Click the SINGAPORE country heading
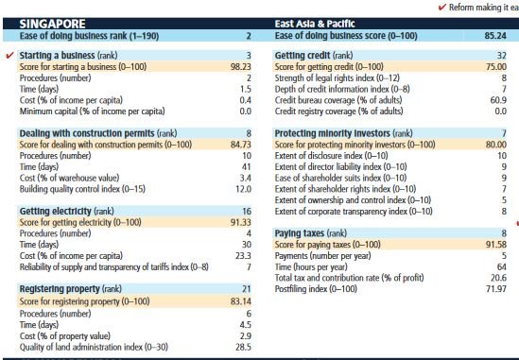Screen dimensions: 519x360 [52, 24]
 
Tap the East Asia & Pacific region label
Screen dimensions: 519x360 [315, 24]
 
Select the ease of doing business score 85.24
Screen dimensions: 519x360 [495, 36]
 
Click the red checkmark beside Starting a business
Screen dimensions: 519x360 [10, 55]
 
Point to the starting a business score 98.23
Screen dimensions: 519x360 [241, 67]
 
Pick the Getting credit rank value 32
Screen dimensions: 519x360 [501, 56]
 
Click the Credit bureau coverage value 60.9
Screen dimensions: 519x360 [498, 100]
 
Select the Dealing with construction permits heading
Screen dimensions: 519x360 [87, 133]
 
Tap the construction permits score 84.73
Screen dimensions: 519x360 [241, 145]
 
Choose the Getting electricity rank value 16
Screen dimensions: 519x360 [247, 211]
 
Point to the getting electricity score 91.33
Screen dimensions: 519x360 [241, 222]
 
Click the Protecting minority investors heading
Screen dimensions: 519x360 [333, 133]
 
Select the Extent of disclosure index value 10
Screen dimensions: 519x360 [502, 156]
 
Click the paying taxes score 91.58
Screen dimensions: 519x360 [495, 245]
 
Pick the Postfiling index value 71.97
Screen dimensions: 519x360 [496, 289]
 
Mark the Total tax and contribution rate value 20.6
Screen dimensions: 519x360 [499, 278]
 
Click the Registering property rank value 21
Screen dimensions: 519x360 [246, 289]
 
